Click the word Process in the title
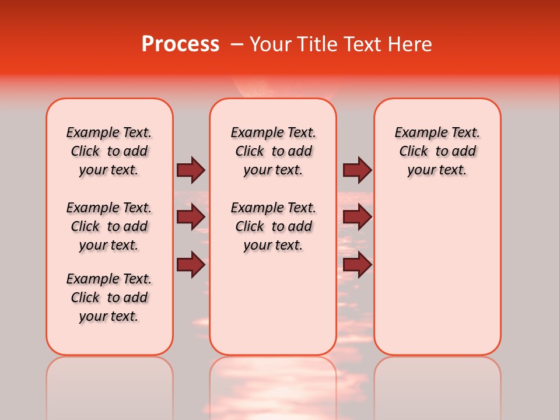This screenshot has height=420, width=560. [180, 44]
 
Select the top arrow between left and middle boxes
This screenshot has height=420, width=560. [191, 170]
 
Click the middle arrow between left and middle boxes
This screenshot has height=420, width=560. [191, 217]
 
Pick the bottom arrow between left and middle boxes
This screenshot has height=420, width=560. [191, 264]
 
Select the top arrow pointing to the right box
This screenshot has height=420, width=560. [357, 170]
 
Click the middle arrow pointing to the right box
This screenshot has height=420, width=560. [357, 217]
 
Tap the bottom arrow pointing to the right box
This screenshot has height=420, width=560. [357, 264]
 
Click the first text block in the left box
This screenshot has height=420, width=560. [109, 151]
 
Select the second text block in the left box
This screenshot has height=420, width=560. [109, 226]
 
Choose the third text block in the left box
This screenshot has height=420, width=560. [109, 297]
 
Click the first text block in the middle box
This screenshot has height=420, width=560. [273, 151]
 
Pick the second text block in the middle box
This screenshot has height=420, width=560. [273, 226]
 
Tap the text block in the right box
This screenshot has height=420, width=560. [437, 151]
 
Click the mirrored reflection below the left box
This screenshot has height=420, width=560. [110, 385]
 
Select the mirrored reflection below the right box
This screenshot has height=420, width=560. [437, 385]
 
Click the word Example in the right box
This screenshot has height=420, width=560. [416, 132]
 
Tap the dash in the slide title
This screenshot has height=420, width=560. [236, 44]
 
